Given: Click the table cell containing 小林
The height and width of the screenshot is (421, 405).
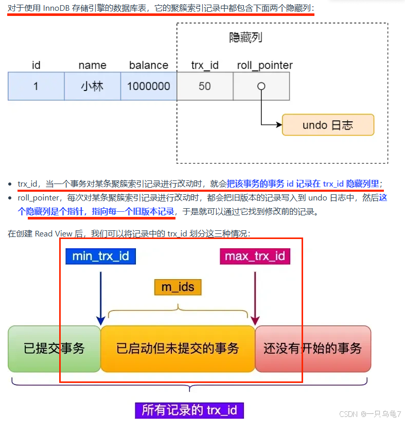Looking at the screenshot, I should [92, 86].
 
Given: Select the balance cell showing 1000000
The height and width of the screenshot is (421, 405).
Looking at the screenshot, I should [149, 86].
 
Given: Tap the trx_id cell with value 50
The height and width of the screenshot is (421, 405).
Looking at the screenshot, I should [205, 86].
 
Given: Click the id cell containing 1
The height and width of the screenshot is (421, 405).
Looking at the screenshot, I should [36, 86].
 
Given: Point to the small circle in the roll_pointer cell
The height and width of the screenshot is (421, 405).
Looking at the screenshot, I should [261, 86].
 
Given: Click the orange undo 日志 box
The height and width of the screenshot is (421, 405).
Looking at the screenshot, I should [328, 125].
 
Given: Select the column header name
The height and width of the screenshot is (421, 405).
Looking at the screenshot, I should [92, 65].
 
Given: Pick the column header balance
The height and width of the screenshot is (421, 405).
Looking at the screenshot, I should [149, 65].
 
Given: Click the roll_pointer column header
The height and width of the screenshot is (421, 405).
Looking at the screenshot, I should [265, 65].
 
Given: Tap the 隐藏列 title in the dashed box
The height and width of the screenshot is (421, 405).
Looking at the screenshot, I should [246, 38].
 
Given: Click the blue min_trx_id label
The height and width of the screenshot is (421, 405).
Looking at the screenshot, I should [100, 256].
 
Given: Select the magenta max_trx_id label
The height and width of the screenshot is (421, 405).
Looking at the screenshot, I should [255, 256].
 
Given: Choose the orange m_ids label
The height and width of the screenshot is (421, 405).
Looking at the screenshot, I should [178, 287].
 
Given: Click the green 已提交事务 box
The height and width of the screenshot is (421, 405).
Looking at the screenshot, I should [54, 349].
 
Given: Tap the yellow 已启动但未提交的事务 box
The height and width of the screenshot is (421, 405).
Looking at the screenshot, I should [178, 349].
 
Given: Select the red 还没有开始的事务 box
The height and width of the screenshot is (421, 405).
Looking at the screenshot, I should [312, 349].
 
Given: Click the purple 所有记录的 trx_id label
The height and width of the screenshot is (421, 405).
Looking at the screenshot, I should [189, 410].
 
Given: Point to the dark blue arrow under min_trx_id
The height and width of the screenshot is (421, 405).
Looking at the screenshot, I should [100, 296].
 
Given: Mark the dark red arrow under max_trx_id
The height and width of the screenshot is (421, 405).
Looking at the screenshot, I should [255, 296].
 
